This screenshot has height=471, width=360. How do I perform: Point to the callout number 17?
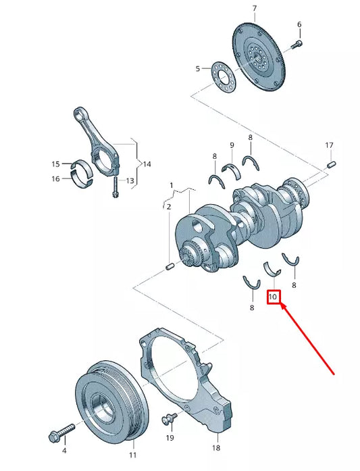(329, 145)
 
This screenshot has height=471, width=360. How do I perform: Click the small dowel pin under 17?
(330, 164)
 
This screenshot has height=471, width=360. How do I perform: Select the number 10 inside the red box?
(274, 297)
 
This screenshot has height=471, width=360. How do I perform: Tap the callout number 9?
(232, 145)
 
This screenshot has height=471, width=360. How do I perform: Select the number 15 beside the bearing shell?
(56, 164)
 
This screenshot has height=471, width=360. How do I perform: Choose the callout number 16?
(56, 178)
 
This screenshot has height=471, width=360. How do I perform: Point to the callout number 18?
(216, 448)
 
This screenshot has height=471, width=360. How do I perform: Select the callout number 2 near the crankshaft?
(169, 206)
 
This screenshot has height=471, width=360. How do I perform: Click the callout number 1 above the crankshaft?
(172, 184)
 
